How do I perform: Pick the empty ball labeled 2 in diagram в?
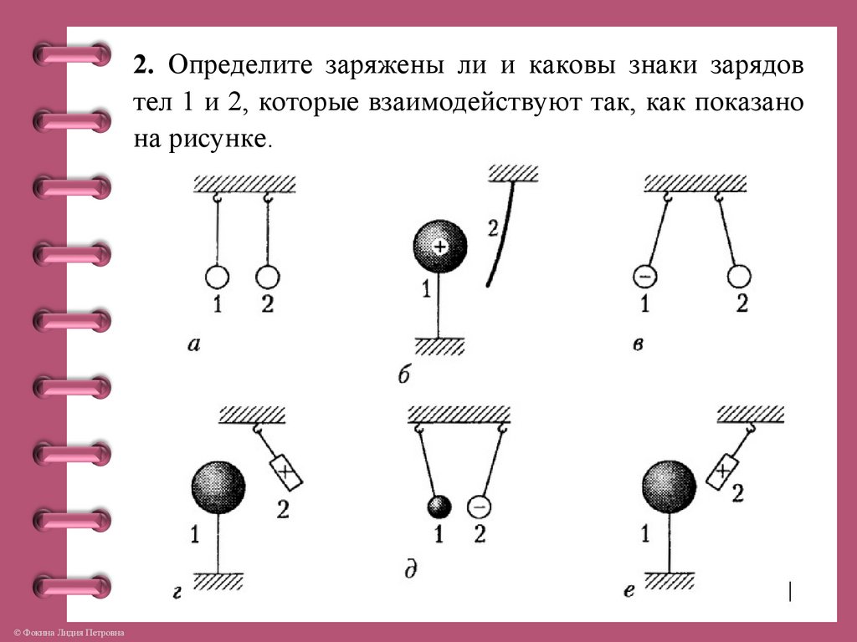[740, 275]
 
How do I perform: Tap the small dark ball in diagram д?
[439, 507]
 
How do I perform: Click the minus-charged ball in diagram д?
[479, 507]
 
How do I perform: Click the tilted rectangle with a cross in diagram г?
[285, 471]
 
